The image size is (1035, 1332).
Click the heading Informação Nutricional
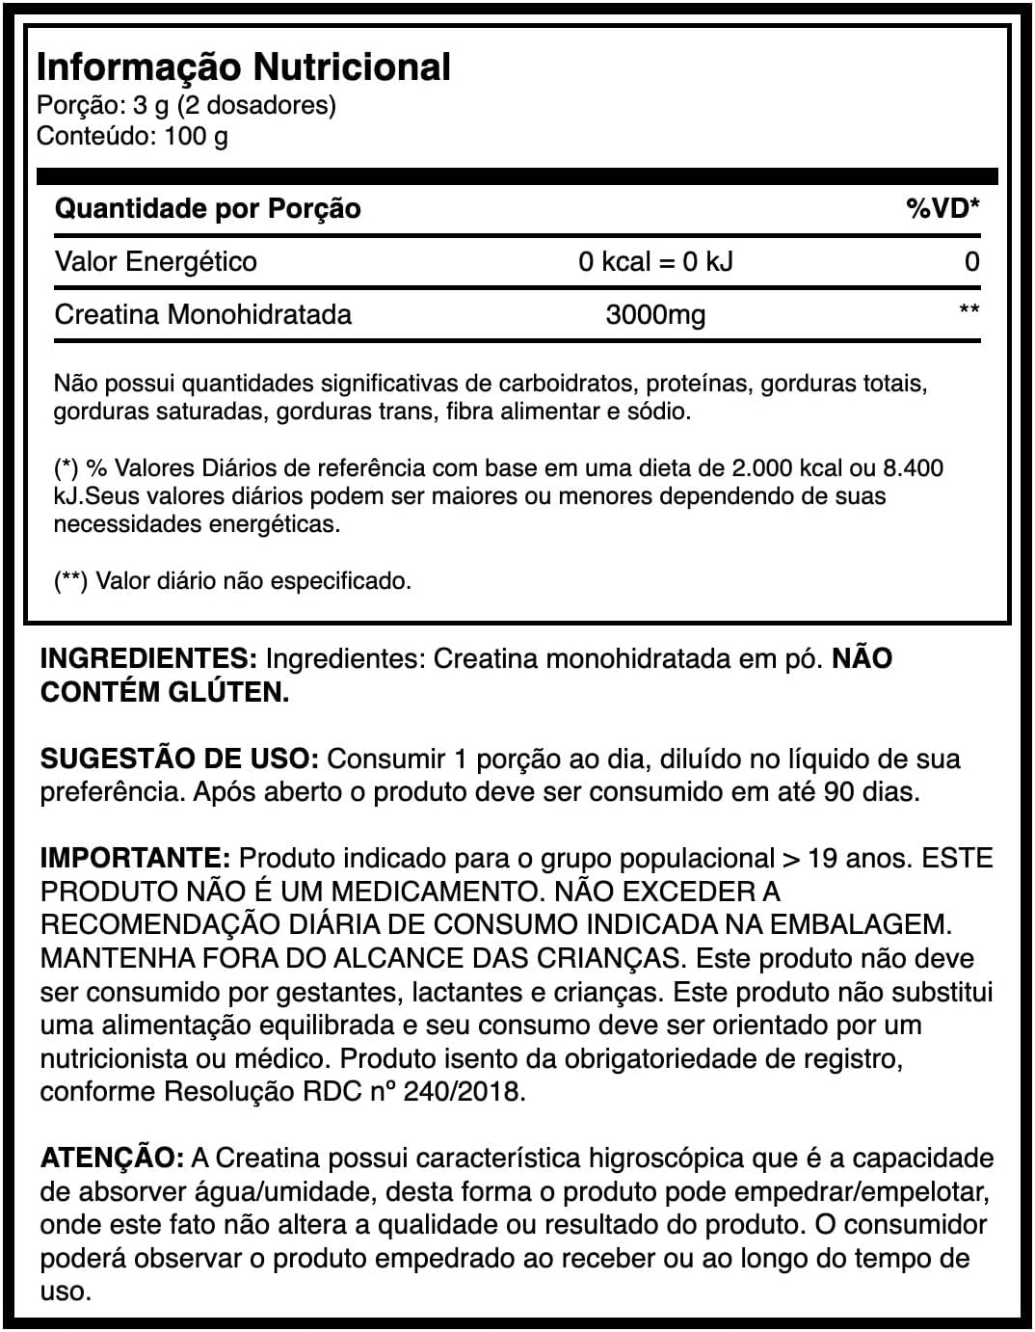(243, 67)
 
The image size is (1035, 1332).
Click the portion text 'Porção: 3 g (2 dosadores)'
(186, 105)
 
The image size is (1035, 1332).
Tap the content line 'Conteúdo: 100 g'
(132, 136)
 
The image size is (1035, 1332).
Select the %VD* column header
(942, 208)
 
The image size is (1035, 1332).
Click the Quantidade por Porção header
(207, 208)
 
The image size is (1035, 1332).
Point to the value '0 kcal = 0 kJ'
(655, 261)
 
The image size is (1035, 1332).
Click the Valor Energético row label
(155, 261)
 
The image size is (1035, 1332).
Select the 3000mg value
(655, 314)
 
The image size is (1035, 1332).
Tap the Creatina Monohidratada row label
(202, 314)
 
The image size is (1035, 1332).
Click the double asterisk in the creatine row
(969, 310)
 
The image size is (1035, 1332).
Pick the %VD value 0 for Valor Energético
(971, 261)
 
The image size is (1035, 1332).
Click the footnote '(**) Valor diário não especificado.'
(232, 581)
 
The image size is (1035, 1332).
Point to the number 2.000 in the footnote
(766, 468)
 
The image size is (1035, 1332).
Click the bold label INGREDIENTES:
(148, 659)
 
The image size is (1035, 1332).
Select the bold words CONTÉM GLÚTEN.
(164, 692)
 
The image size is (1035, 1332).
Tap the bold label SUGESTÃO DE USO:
(179, 759)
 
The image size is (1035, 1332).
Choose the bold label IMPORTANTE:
(135, 858)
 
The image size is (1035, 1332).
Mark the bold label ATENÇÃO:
(112, 1158)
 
